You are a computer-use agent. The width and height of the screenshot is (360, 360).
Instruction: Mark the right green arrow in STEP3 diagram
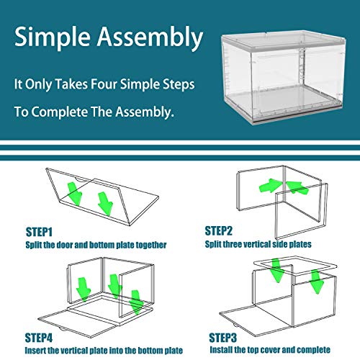(x=315, y=282)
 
